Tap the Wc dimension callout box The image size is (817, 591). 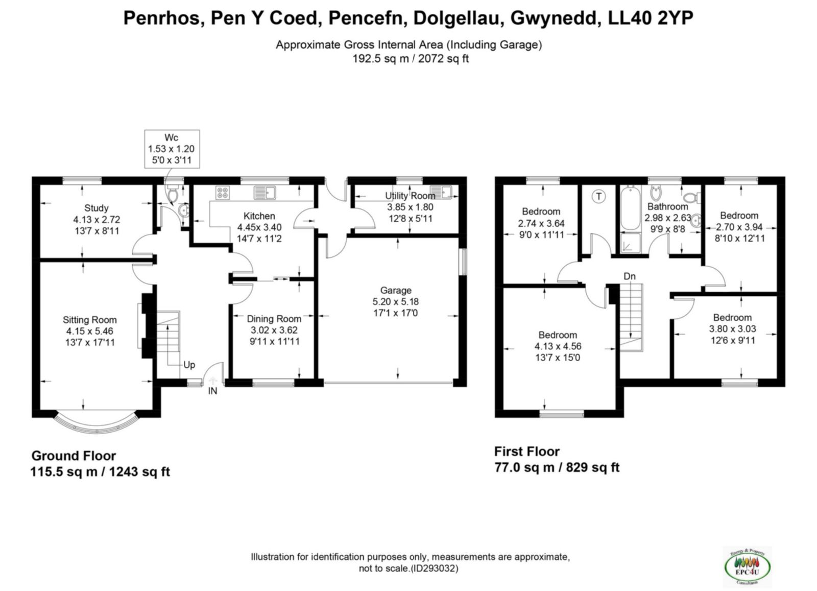click(172, 149)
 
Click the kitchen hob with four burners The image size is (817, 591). click(223, 193)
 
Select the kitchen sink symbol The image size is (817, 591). click(265, 193)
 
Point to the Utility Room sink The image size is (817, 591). click(441, 192)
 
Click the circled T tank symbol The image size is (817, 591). click(598, 197)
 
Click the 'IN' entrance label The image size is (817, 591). click(212, 391)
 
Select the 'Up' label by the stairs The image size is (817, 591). click(189, 365)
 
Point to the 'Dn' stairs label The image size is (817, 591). click(630, 276)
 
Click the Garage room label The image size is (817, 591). click(396, 291)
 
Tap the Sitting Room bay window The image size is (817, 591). click(97, 424)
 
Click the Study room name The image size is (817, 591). click(97, 208)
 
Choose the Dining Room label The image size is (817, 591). click(274, 319)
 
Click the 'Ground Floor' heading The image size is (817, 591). click(74, 456)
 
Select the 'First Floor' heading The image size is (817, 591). click(526, 452)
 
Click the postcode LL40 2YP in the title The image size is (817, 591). click(651, 18)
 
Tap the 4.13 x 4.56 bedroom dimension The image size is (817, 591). click(558, 346)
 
